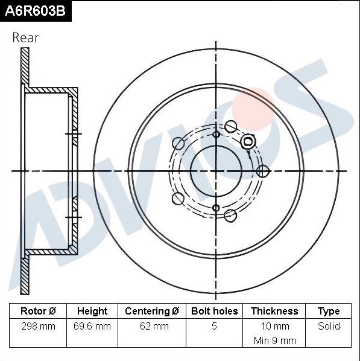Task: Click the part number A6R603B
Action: pos(35,11)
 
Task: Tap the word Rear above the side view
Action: pos(25,38)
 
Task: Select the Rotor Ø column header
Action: pos(38,311)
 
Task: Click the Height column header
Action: pos(92,311)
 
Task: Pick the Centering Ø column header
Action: pos(152,311)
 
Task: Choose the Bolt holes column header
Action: pos(215,311)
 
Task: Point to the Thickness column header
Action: pos(274,311)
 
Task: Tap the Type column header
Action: pos(329,311)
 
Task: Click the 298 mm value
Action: pos(38,326)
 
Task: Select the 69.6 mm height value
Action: pos(92,326)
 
